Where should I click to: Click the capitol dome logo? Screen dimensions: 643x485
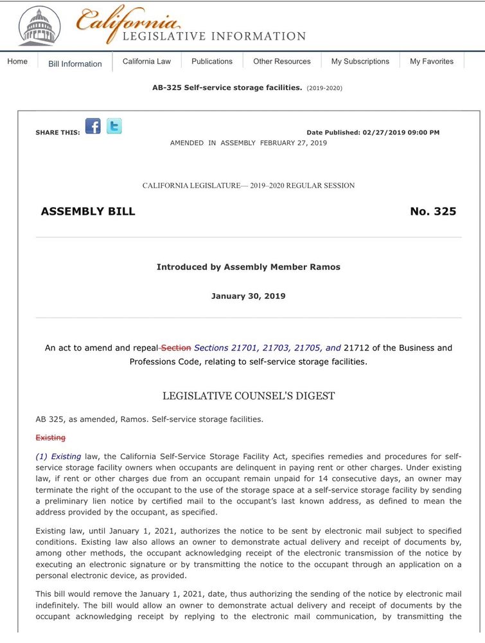pos(40,27)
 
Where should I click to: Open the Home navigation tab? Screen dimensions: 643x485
pos(17,62)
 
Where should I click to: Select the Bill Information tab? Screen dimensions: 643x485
pos(75,64)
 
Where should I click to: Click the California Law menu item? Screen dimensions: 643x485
pos(146,62)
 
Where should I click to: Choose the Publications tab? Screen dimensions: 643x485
pos(212,62)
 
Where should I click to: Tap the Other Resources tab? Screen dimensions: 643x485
pos(281,62)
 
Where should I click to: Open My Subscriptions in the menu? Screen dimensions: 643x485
pos(360,62)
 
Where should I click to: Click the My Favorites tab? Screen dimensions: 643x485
pos(432,62)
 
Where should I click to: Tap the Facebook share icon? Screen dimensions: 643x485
pos(93,126)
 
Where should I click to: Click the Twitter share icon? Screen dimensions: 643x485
pos(114,126)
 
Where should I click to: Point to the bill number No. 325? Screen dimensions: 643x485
pos(433,212)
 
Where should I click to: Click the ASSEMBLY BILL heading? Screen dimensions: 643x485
pos(88,212)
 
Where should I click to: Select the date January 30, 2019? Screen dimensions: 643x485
pos(248,296)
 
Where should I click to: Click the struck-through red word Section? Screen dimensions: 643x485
pos(176,348)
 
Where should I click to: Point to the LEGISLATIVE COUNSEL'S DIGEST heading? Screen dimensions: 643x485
pos(248,396)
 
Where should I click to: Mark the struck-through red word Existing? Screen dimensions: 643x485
pos(50,438)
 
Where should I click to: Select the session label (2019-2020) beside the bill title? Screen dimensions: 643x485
pos(324,88)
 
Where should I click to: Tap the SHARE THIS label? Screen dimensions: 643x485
pos(58,132)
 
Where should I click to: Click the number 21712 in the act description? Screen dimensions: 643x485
pos(357,348)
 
